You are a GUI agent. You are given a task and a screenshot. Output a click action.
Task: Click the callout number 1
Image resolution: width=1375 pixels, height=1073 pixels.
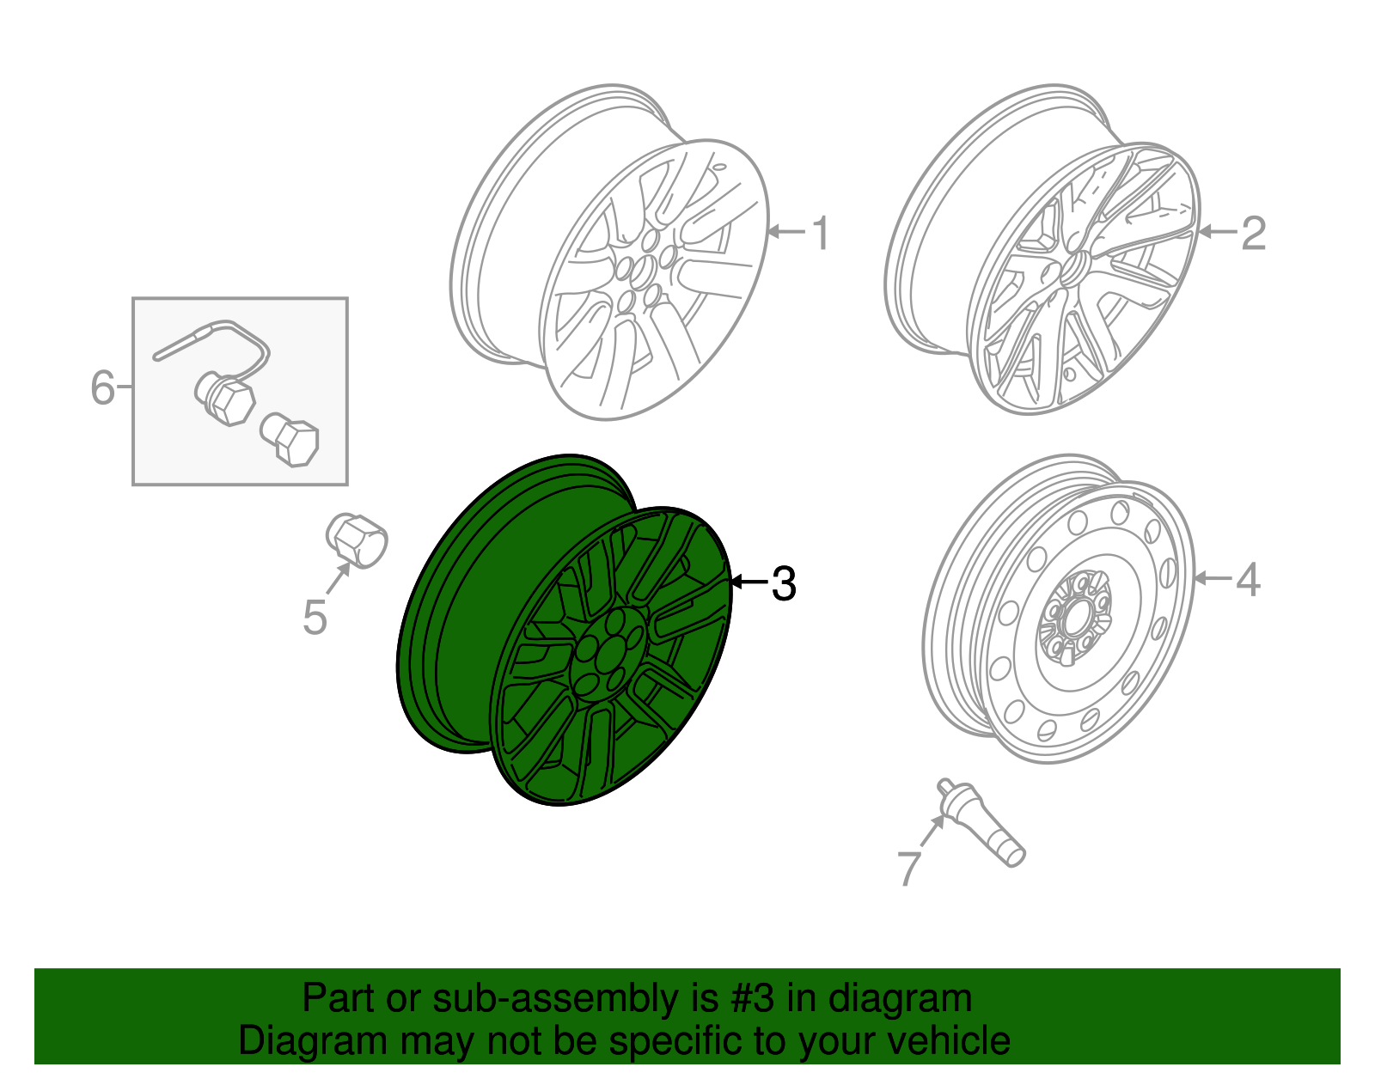pyautogui.click(x=822, y=234)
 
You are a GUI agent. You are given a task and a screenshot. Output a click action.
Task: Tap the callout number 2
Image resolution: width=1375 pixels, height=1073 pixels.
pyautogui.click(x=1253, y=234)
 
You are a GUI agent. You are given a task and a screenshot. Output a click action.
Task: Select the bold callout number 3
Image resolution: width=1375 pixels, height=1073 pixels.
pyautogui.click(x=783, y=584)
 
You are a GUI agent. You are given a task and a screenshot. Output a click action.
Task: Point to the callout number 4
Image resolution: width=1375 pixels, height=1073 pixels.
pyautogui.click(x=1248, y=580)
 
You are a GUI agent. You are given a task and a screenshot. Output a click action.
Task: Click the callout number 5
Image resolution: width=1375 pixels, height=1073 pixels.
pyautogui.click(x=315, y=617)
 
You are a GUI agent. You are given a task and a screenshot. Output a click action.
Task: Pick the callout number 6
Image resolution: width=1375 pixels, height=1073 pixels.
pyautogui.click(x=102, y=387)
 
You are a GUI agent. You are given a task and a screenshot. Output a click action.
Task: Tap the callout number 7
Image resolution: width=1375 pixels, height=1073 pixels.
pyautogui.click(x=908, y=868)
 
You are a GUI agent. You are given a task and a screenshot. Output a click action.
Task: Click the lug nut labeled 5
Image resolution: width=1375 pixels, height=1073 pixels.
pyautogui.click(x=357, y=540)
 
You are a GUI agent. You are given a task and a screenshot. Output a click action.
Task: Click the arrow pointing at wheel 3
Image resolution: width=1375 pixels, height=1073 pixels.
pyautogui.click(x=748, y=582)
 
